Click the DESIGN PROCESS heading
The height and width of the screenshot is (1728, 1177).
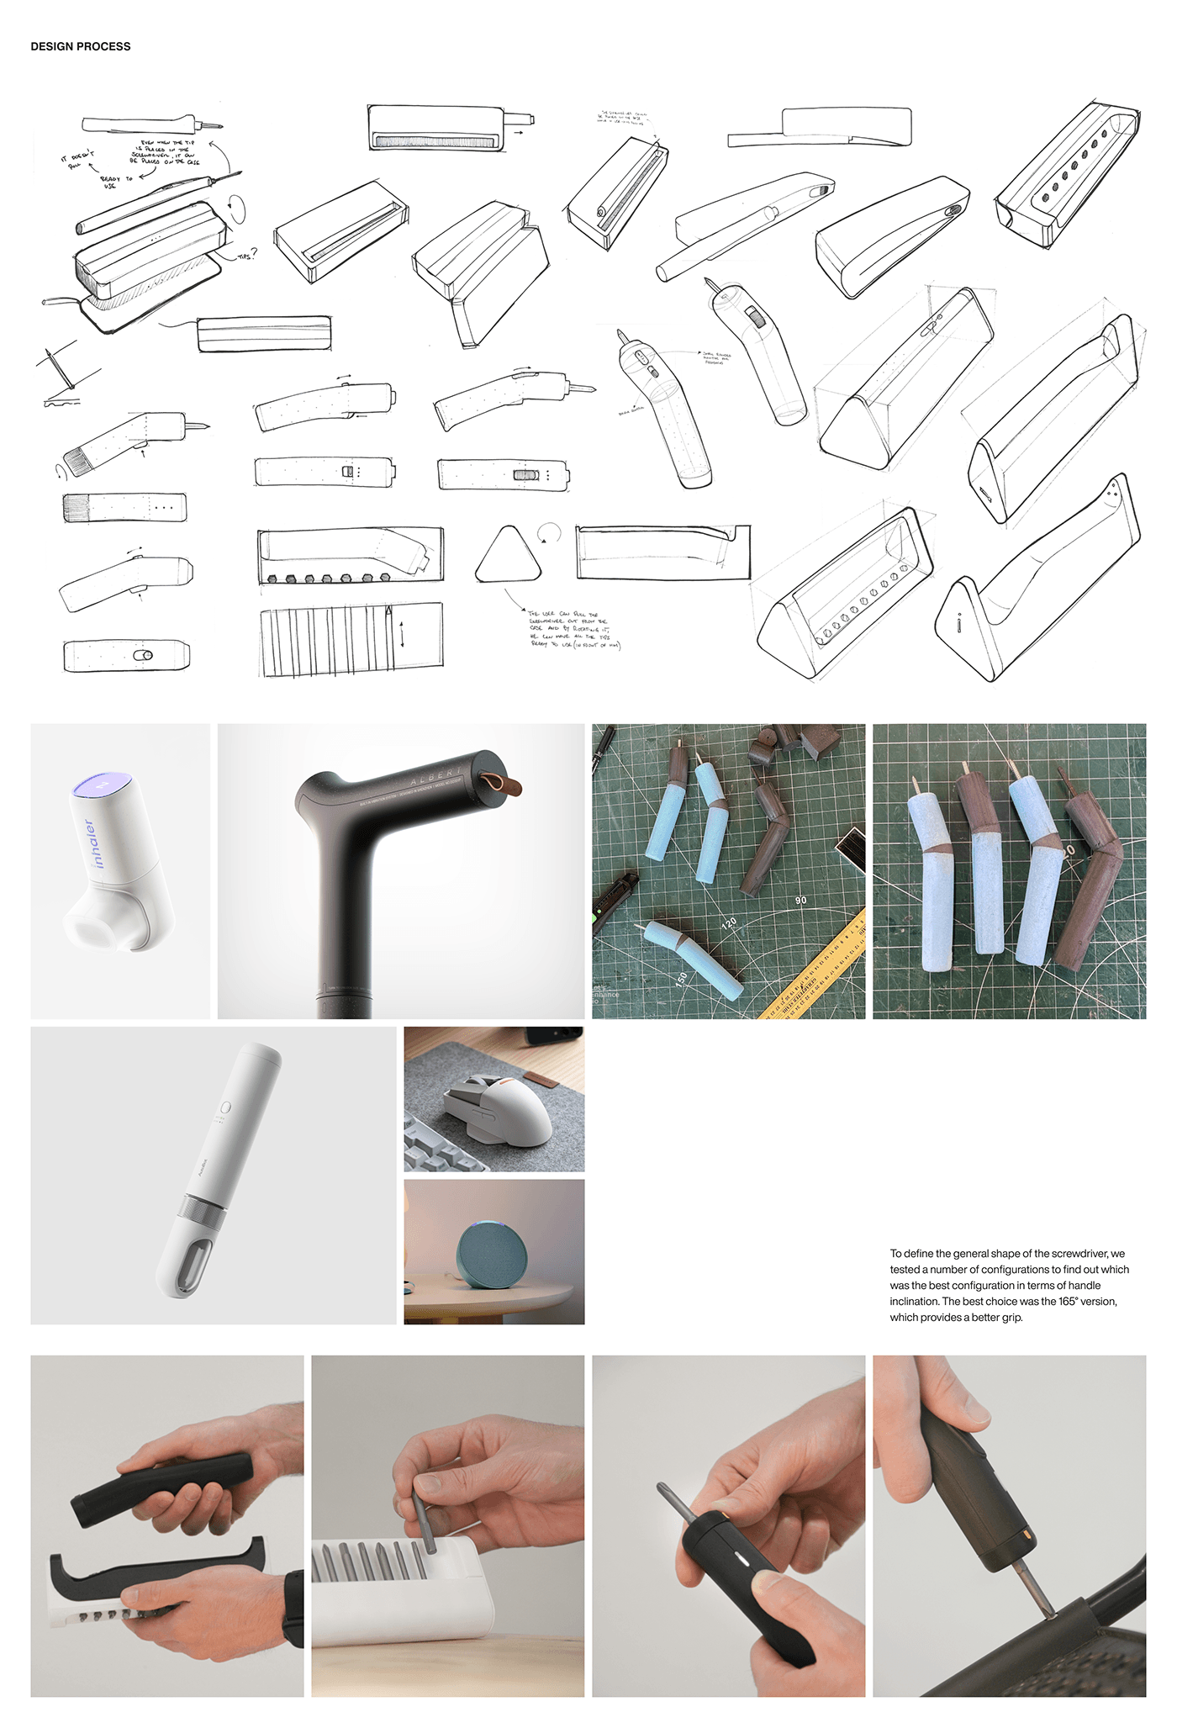81,46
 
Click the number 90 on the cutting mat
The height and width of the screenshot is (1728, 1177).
800,901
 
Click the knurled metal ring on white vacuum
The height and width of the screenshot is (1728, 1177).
202,1212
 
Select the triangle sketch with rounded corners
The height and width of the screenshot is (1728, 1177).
509,558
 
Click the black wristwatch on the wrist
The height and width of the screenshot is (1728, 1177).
293,1607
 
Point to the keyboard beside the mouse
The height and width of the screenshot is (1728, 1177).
441,1153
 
